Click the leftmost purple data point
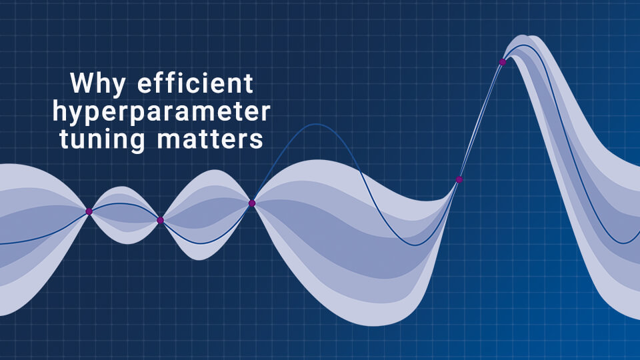[x=89, y=211]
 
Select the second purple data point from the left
[x=160, y=220]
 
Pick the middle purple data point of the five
[x=252, y=203]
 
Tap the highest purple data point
[x=503, y=62]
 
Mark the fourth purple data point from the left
[x=459, y=179]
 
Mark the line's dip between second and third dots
[x=199, y=243]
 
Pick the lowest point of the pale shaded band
[x=366, y=325]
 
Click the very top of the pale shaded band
[x=527, y=35]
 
